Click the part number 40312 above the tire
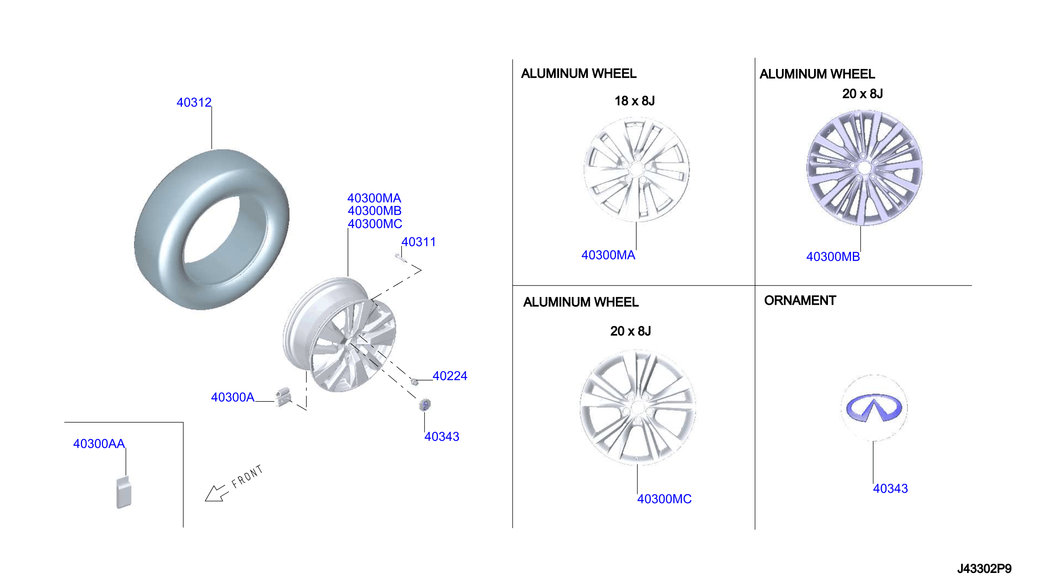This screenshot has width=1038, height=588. coord(194,103)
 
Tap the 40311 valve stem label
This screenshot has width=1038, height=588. coord(419,242)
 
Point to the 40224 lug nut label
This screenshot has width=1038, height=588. coord(450,376)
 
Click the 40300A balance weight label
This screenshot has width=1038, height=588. coord(233,397)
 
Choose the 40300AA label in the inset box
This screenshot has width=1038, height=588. coord(99,444)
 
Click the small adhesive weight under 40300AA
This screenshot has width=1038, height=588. coord(124,492)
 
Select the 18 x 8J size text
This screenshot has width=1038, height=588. coord(635,101)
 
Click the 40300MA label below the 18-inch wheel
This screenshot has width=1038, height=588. coord(608,255)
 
